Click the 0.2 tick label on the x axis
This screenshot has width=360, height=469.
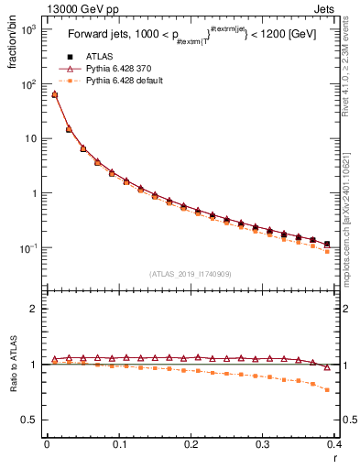pyautogui.click(x=191, y=444)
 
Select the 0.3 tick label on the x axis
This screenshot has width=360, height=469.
pyautogui.click(x=263, y=444)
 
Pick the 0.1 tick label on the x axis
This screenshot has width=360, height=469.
pyautogui.click(x=118, y=444)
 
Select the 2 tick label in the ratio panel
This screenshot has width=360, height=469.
pyautogui.click(x=35, y=310)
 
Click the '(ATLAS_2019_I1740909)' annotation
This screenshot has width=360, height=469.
pyautogui.click(x=191, y=273)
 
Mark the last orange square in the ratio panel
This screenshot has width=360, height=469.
pyautogui.click(x=327, y=390)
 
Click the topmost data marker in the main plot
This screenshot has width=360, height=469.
pyautogui.click(x=54, y=93)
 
